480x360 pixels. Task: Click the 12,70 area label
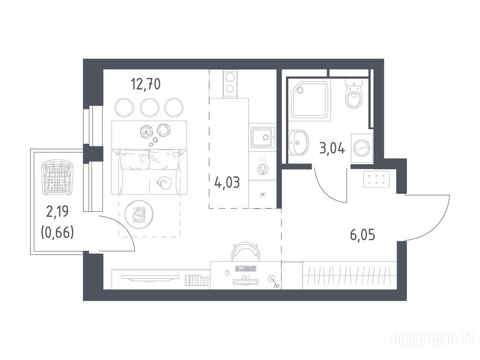click(x=145, y=84)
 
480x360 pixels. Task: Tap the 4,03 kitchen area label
click(x=227, y=183)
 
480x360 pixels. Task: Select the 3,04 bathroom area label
click(x=332, y=149)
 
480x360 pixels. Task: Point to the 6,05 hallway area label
click(x=362, y=235)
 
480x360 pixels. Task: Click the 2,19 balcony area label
click(x=57, y=212)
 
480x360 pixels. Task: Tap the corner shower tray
click(x=310, y=99)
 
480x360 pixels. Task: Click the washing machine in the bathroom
click(x=361, y=149)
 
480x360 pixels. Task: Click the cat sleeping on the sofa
click(x=164, y=184)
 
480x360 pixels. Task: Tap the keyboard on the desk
click(x=246, y=269)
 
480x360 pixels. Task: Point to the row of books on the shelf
click(x=197, y=280)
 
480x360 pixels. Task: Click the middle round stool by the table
click(x=149, y=107)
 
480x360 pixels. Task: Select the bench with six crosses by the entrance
click(x=376, y=180)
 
